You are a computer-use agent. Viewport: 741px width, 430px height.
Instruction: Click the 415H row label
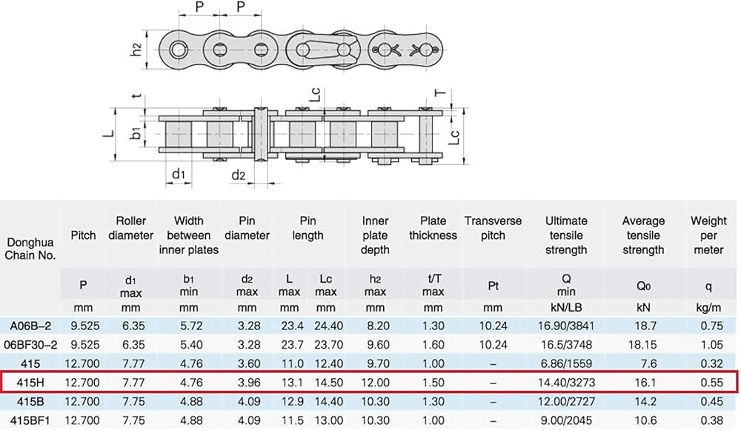[x=30, y=383]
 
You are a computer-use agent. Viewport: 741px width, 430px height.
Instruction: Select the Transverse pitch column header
[x=493, y=228]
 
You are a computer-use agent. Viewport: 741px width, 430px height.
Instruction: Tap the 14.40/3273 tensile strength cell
[x=566, y=383]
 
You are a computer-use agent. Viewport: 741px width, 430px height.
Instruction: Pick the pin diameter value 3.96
[x=249, y=383]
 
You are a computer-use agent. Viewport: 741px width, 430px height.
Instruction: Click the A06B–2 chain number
[x=30, y=326]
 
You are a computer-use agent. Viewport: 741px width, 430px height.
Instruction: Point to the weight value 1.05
[x=711, y=345]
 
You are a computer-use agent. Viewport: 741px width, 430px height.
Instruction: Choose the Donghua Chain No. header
[x=30, y=249]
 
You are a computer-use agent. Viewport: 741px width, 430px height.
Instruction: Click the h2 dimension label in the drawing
[x=136, y=50]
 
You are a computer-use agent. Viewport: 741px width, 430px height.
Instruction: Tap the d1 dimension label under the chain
[x=179, y=175]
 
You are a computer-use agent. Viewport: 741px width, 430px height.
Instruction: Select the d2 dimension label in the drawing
[x=239, y=175]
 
